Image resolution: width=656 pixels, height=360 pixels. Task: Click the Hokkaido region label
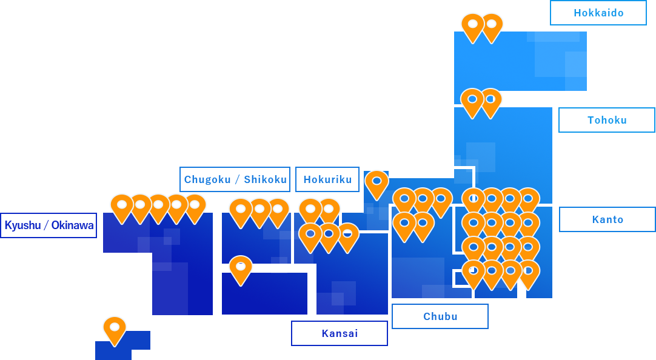click(598, 13)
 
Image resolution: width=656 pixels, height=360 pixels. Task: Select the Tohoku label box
click(607, 120)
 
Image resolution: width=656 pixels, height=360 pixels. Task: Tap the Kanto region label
click(607, 219)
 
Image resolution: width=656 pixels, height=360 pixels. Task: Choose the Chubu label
click(440, 316)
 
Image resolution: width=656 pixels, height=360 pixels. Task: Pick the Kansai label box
click(340, 333)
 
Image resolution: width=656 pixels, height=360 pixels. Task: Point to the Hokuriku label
click(327, 179)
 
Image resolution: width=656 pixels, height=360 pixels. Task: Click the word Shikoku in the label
click(265, 179)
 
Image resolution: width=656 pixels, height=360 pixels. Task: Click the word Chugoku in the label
click(207, 179)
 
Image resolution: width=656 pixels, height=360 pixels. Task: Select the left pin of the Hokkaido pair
click(472, 25)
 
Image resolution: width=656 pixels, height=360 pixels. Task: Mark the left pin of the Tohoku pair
click(472, 101)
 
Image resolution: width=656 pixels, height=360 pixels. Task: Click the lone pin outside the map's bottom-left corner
click(115, 328)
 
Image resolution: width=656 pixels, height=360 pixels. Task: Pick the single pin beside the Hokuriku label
click(377, 182)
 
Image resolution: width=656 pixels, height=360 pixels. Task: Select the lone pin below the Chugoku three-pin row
click(241, 268)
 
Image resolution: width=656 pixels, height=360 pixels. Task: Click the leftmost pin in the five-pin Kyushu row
click(121, 206)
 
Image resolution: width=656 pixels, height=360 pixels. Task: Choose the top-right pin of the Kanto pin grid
click(529, 200)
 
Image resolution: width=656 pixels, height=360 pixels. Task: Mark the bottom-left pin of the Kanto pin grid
click(473, 272)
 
